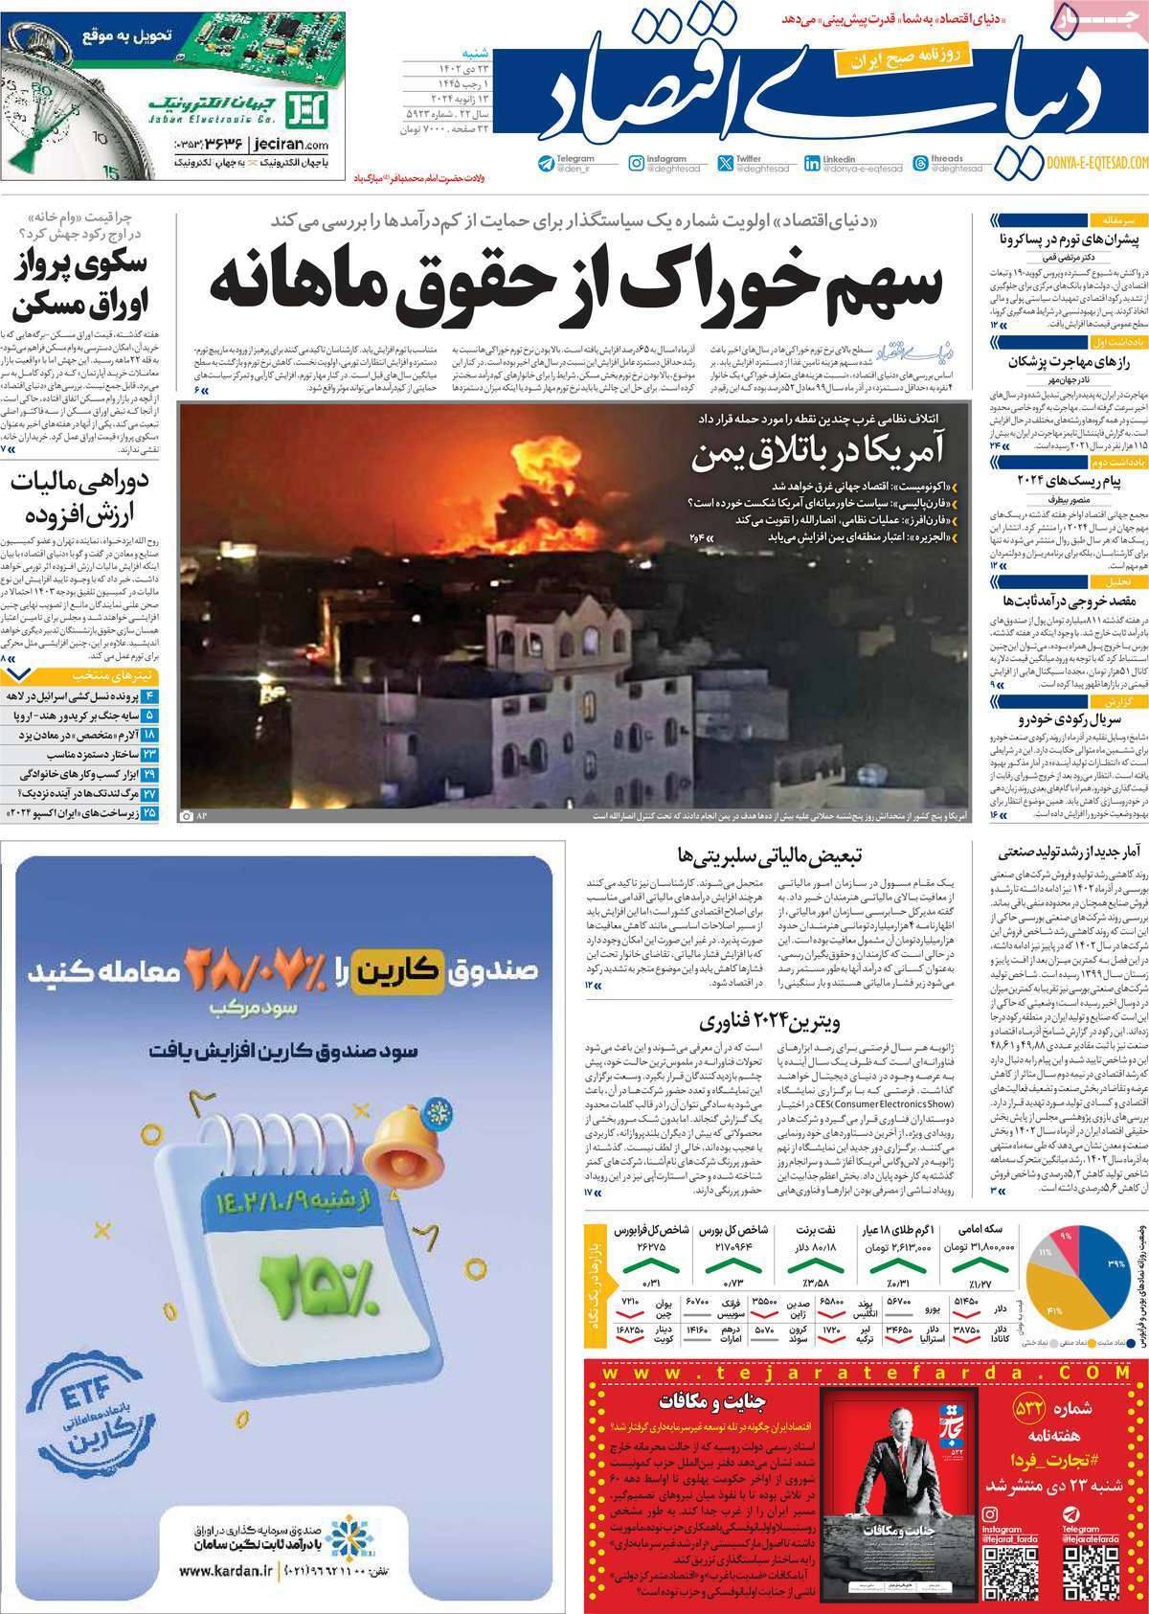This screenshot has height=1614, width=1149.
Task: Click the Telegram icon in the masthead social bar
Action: [547, 163]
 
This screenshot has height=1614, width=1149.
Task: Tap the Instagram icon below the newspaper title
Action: [636, 163]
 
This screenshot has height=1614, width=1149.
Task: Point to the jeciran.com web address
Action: [279, 145]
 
